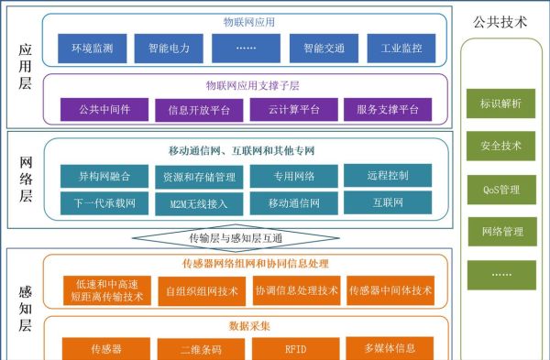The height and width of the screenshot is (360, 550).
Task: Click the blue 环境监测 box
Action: (92, 48)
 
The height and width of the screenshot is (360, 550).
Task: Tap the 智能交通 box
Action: (318, 48)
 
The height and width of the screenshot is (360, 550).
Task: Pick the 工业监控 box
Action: (395, 48)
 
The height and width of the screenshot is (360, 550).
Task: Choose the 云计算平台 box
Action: (294, 109)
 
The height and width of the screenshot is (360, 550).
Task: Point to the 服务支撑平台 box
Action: (387, 109)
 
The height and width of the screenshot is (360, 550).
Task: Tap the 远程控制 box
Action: (387, 174)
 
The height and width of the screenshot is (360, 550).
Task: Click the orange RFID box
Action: (295, 349)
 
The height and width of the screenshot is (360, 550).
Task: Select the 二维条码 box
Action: (201, 349)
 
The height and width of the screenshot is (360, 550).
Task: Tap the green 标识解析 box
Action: (501, 104)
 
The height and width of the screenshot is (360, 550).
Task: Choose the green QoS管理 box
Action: (501, 190)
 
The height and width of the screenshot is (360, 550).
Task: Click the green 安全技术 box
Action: (501, 147)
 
